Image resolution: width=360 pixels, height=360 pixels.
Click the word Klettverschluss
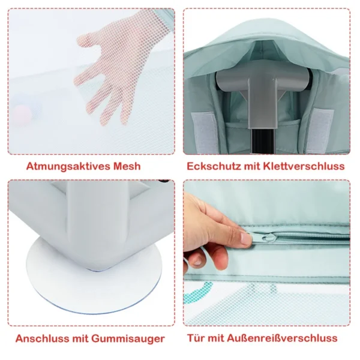point(304,166)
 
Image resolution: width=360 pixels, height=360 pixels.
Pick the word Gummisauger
point(128,339)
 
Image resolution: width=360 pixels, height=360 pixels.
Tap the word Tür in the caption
point(196,338)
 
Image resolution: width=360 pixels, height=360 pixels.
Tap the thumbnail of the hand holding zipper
point(267,253)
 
